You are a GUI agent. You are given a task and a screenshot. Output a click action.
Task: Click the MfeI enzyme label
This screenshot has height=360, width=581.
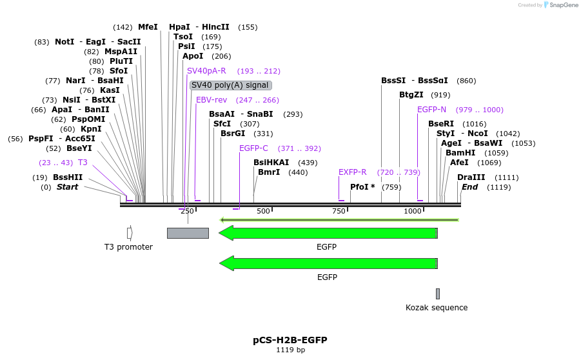[148, 27]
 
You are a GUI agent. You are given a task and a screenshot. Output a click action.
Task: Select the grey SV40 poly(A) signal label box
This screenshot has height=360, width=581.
[230, 85]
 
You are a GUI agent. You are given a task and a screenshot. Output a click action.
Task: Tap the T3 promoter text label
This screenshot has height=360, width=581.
[128, 247]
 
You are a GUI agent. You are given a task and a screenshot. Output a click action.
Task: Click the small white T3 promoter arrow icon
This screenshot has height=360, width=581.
[130, 233]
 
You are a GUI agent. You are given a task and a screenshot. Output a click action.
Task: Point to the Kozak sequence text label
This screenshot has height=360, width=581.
[437, 308]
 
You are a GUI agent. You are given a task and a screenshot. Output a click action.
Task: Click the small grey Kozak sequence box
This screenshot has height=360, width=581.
[437, 294]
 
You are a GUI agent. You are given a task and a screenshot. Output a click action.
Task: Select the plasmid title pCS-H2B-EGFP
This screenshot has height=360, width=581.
[290, 339]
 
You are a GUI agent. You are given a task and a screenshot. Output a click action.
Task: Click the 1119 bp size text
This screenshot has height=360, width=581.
[290, 350]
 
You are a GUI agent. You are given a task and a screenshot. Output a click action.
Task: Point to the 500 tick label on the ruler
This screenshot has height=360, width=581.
[262, 211]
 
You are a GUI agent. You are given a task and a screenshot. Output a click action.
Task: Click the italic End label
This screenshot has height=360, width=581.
[469, 187]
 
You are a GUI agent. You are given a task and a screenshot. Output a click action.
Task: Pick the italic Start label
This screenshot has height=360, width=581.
[67, 187]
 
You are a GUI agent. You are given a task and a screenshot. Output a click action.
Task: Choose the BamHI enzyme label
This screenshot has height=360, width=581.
[460, 153]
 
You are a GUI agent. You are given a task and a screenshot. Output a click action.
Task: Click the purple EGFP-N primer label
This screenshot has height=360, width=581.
[431, 110]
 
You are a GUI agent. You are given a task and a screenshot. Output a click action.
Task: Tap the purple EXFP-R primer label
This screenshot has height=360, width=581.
[352, 172]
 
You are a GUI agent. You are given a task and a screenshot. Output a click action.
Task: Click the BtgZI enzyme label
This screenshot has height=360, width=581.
[411, 95]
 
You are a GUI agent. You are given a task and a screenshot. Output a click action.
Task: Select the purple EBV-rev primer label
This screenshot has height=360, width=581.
[212, 100]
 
